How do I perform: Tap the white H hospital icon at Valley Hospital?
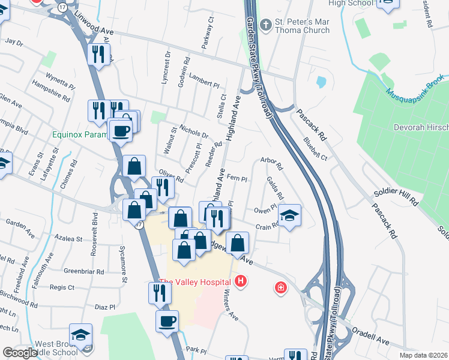[x=241, y=281]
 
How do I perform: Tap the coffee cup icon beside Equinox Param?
[x=120, y=131]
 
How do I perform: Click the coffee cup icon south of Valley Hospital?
[x=167, y=320]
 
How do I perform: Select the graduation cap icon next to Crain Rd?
[x=289, y=215]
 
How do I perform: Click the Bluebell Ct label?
[x=315, y=149]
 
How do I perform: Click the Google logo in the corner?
[x=20, y=353]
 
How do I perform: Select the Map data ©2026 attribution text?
[x=423, y=355]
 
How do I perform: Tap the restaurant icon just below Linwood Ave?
[x=97, y=55]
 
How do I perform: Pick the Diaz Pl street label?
[x=104, y=307]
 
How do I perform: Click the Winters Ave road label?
[x=232, y=307]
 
